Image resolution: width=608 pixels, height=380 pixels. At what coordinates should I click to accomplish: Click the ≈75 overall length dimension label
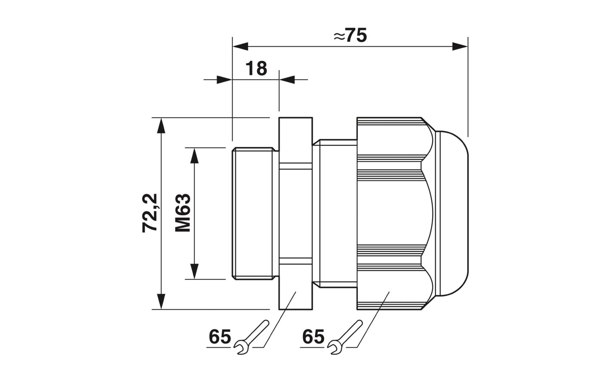coord(350,35)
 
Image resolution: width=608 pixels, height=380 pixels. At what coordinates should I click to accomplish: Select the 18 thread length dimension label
coord(256,69)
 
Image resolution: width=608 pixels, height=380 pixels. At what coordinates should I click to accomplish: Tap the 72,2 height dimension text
coord(150,213)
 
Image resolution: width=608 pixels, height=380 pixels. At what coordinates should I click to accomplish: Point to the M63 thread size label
coord(183,213)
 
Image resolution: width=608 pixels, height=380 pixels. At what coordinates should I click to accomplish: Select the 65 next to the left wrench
coord(220,337)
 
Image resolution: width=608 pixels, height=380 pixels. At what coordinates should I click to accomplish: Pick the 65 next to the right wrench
coord(313,337)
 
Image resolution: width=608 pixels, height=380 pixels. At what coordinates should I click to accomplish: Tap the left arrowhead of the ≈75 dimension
coord(240,47)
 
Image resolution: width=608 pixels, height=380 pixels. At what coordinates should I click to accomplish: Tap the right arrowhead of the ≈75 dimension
coord(460,47)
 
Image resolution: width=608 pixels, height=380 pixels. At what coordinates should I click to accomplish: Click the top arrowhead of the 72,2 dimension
coord(161,125)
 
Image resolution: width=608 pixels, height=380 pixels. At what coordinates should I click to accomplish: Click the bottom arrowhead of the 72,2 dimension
coord(161,301)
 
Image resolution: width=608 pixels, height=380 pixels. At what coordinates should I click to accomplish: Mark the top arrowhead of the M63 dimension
coord(194,156)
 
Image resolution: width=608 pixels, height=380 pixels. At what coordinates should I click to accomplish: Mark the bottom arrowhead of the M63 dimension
coord(194,271)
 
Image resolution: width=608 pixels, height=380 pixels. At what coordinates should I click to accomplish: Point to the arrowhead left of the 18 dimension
coord(224,79)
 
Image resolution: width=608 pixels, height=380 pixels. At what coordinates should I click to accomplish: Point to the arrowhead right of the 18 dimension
coord(287,79)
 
